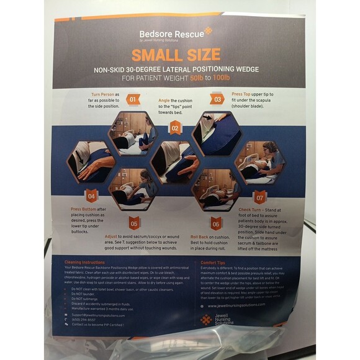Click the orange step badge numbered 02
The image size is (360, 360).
point(175,128)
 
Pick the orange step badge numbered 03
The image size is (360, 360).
point(218,99)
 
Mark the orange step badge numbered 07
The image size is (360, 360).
point(259,197)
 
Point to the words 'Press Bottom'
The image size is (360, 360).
point(84,210)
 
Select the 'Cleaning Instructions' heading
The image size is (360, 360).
point(88,263)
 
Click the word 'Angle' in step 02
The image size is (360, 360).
point(163,100)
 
